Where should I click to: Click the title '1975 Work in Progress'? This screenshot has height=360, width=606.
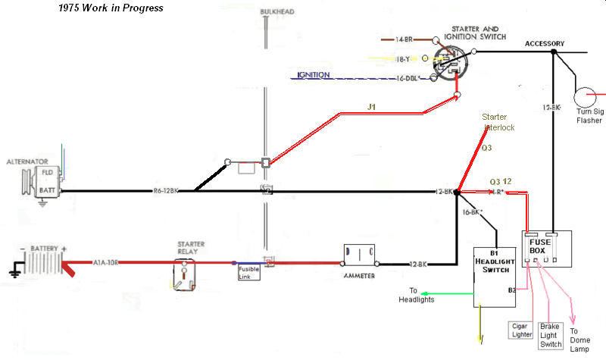tap(111, 8)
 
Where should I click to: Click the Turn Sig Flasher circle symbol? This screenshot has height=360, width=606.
tap(584, 96)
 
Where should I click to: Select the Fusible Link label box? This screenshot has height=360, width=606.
tap(249, 273)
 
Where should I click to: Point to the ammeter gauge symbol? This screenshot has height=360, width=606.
tap(360, 257)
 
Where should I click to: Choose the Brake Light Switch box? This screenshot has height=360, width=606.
tap(551, 335)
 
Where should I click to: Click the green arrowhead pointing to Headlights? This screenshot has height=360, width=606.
tap(425, 293)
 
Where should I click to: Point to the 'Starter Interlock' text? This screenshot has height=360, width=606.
tap(499, 122)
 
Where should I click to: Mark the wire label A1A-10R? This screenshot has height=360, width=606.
tap(108, 263)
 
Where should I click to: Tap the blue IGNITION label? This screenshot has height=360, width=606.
tap(313, 75)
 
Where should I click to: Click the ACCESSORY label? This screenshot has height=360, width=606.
tap(545, 43)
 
